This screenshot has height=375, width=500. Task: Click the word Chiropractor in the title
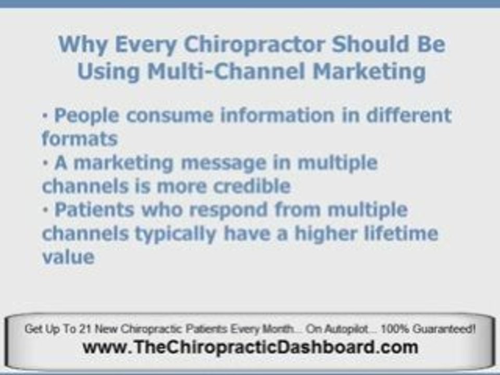(x=255, y=45)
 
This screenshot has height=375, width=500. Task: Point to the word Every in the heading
(x=146, y=45)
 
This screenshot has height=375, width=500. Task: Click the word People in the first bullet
(x=87, y=116)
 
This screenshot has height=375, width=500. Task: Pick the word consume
(x=170, y=116)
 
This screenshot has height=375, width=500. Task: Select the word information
(x=278, y=115)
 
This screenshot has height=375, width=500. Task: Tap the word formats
(x=80, y=139)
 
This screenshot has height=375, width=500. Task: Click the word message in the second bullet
(x=223, y=164)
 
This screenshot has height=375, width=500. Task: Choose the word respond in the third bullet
(x=228, y=210)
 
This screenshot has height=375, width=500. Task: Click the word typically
(x=176, y=234)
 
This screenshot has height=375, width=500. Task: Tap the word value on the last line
(x=68, y=257)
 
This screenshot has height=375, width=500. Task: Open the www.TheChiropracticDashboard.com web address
(x=251, y=347)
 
